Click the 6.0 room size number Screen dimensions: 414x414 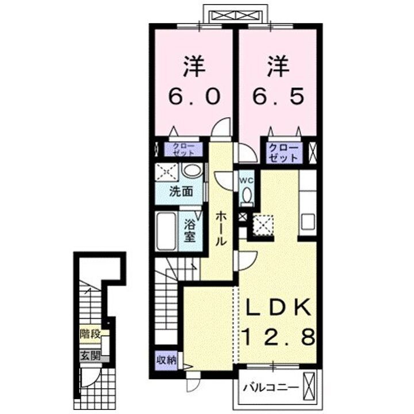194,97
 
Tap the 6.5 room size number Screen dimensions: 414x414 278,97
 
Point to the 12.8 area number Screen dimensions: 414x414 279,336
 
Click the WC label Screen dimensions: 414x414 246,181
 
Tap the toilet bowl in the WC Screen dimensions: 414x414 247,195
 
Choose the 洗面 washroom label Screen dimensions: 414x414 181,191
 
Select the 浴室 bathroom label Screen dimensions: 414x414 190,231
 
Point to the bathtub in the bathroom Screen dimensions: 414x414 166,231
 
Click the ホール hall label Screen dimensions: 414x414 221,229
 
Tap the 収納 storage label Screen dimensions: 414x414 166,360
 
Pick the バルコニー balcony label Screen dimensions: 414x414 271,388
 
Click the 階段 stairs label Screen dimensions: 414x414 91,334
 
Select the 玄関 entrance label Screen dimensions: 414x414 91,356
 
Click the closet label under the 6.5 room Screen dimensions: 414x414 283,153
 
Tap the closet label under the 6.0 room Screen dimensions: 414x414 183,149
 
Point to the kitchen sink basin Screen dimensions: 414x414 308,222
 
